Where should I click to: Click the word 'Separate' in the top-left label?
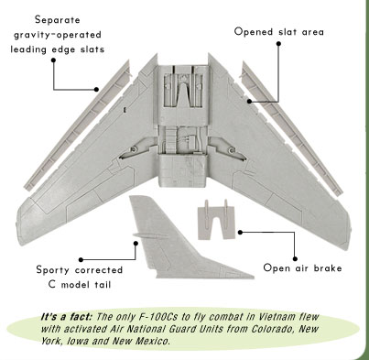58,20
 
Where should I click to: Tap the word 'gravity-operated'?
58,35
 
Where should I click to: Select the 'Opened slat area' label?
279,32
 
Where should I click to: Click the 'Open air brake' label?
302,268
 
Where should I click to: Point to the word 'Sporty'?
52,270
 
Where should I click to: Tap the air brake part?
216,219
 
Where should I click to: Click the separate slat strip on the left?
78,125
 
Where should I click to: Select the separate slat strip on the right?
291,127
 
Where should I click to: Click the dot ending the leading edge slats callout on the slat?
96,90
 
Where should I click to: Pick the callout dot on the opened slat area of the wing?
249,101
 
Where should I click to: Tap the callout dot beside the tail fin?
136,244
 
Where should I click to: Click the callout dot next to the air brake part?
240,233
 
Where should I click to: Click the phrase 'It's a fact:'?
66,317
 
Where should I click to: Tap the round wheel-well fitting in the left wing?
134,149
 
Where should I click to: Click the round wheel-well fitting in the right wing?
232,149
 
